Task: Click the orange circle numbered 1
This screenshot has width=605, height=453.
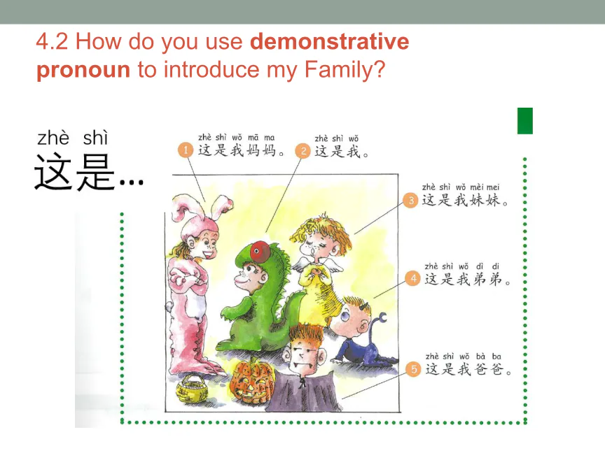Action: [x=186, y=150]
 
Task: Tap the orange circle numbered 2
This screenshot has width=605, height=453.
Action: [x=303, y=150]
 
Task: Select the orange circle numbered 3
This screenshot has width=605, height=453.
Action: [x=410, y=200]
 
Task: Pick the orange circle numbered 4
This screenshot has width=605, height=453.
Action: [x=413, y=278]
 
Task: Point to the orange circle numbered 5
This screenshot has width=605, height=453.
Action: [x=414, y=369]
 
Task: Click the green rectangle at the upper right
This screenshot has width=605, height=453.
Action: [x=525, y=121]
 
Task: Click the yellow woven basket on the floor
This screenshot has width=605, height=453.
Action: [x=192, y=388]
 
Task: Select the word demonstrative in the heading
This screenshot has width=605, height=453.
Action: [x=330, y=41]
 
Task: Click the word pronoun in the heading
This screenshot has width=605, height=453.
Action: [x=83, y=71]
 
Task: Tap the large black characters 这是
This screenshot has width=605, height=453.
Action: [x=74, y=172]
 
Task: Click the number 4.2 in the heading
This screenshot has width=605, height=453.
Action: [x=52, y=42]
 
